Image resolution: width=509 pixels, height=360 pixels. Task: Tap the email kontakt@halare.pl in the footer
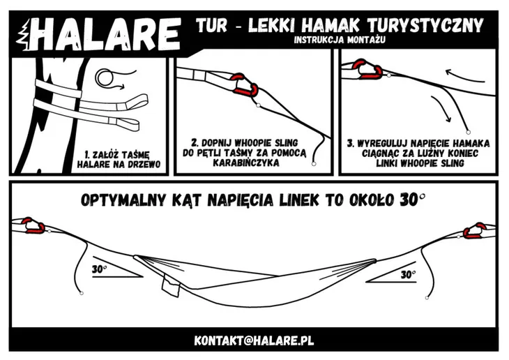[x=254, y=340]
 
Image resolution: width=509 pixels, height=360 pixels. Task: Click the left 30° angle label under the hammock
[x=100, y=268]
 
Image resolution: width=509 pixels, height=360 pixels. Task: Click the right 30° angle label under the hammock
[x=409, y=275]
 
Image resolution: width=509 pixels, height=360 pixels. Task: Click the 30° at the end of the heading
[x=411, y=200]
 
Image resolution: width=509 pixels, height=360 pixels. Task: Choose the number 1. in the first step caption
[x=88, y=153]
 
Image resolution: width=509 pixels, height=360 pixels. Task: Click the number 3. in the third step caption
[x=350, y=143]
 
